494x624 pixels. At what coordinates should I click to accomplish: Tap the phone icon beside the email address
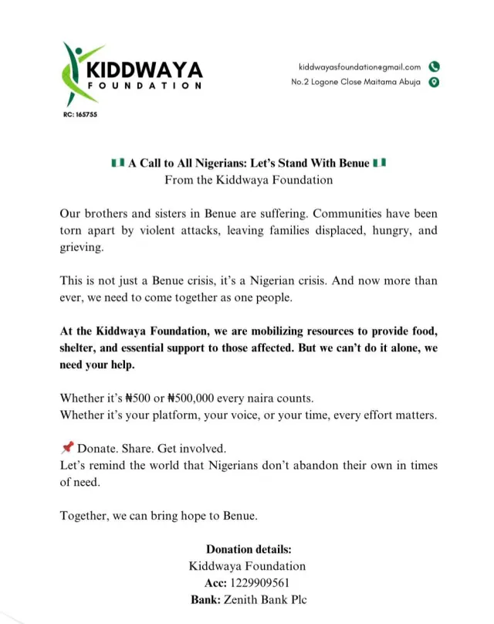point(434,67)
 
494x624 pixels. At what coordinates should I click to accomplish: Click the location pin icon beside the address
point(434,83)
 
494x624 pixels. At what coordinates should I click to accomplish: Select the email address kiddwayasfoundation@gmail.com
point(360,67)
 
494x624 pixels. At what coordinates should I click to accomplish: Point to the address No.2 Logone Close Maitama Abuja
point(356,83)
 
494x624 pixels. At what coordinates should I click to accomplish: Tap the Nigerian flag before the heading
point(118,164)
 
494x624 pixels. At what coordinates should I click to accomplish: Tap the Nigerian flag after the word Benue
point(379,164)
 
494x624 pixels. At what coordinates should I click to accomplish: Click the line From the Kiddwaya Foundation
point(249,180)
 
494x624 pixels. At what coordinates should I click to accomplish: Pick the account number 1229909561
point(269,582)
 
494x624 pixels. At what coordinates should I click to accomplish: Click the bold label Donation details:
point(249,550)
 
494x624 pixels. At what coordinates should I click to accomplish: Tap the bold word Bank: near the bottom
point(206,599)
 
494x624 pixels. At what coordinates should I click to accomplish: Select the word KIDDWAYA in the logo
point(145,70)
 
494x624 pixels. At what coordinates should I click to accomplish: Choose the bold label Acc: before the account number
point(218,582)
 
